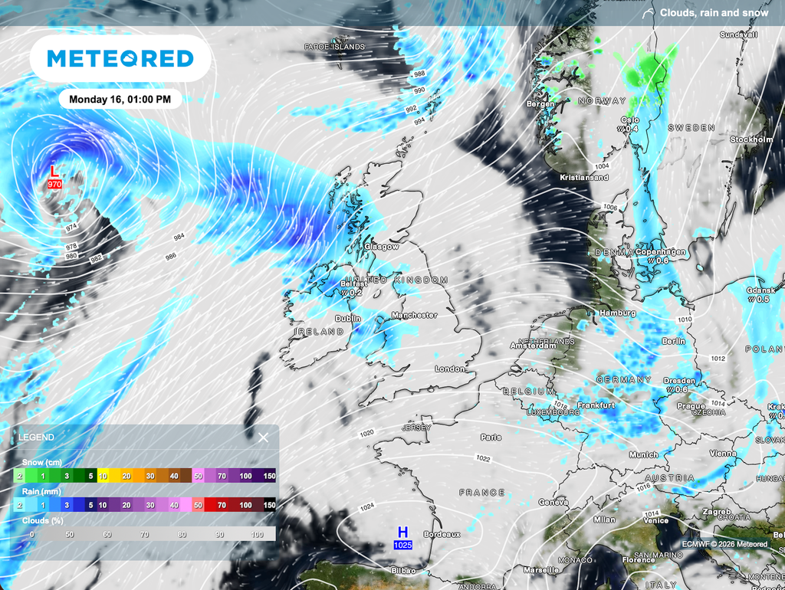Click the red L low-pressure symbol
(x=53, y=172)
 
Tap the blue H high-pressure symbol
(x=402, y=532)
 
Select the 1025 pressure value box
(x=402, y=545)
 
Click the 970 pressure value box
(x=54, y=185)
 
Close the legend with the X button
(x=263, y=438)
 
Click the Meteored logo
(x=120, y=58)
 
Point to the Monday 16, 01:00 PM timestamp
(x=120, y=99)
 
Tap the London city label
(x=450, y=369)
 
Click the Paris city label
(x=491, y=438)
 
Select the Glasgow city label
(x=382, y=247)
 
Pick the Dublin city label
(x=348, y=319)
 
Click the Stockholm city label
(x=751, y=140)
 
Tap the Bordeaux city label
(x=441, y=535)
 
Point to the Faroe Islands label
(x=334, y=47)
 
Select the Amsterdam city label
(x=534, y=346)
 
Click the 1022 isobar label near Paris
(x=483, y=458)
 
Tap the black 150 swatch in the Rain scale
(x=269, y=505)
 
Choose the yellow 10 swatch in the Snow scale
(x=103, y=476)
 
